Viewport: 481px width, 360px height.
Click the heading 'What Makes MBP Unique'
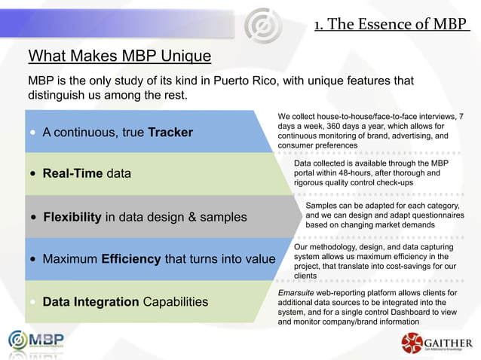click(120, 56)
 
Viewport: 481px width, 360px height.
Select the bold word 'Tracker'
click(170, 133)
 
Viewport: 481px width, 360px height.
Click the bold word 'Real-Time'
click(72, 173)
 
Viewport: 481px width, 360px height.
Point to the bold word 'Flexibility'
click(72, 217)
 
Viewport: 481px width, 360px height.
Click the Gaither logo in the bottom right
click(437, 344)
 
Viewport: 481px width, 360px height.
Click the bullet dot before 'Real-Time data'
click(33, 174)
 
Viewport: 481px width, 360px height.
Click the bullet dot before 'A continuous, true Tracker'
click(33, 133)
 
